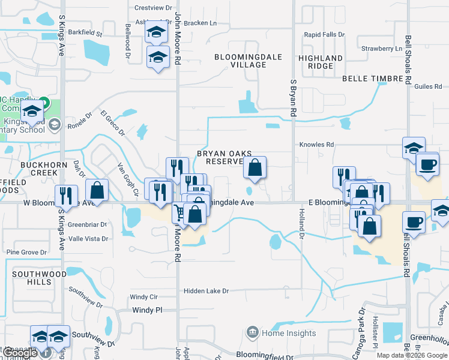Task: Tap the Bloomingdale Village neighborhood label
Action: coord(240,61)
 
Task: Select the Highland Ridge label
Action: coord(321,62)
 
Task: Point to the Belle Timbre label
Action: coord(371,79)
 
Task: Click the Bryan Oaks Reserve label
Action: coord(224,157)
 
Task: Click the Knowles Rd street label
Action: coord(316,145)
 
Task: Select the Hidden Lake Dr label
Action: coord(206,291)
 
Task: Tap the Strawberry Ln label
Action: coord(381,48)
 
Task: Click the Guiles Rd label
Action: coord(428,86)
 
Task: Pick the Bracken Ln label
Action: coord(201,23)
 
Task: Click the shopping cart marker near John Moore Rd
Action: coord(179,211)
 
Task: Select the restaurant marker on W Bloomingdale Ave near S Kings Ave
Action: coord(66,196)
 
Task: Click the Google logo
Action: coord(21,353)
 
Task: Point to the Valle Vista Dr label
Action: coord(88,239)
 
